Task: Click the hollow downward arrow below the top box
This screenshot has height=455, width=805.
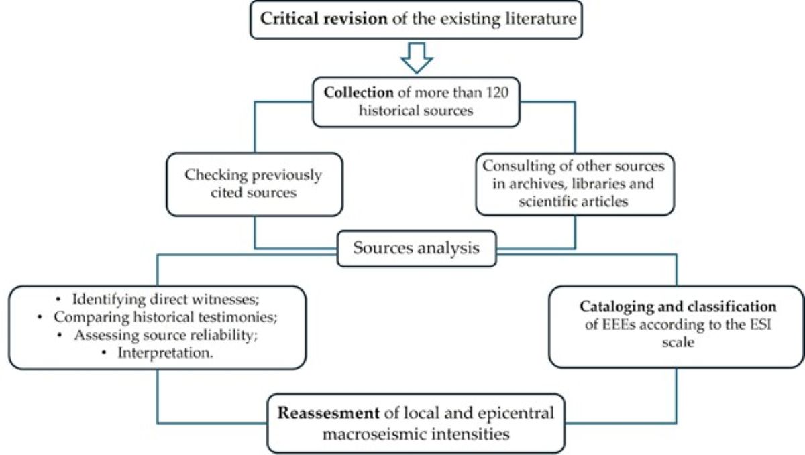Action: click(x=417, y=59)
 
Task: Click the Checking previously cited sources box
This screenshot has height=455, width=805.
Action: click(x=254, y=183)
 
